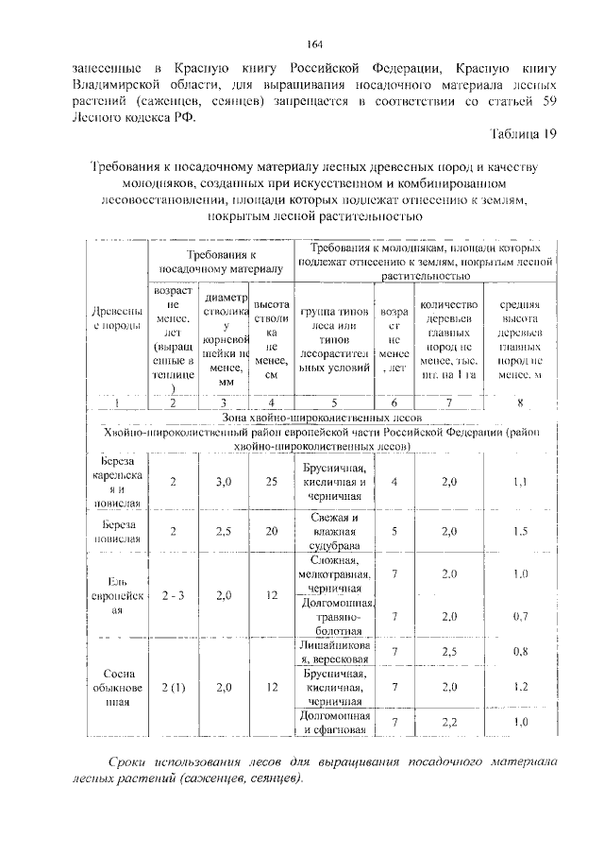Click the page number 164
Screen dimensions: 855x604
point(315,43)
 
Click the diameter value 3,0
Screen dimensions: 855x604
point(223,482)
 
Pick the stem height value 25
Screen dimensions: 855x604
point(272,482)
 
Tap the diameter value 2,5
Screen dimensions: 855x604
point(223,531)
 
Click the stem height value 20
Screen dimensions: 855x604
point(272,531)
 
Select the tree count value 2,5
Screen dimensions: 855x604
point(449,652)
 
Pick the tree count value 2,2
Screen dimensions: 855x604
point(449,723)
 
